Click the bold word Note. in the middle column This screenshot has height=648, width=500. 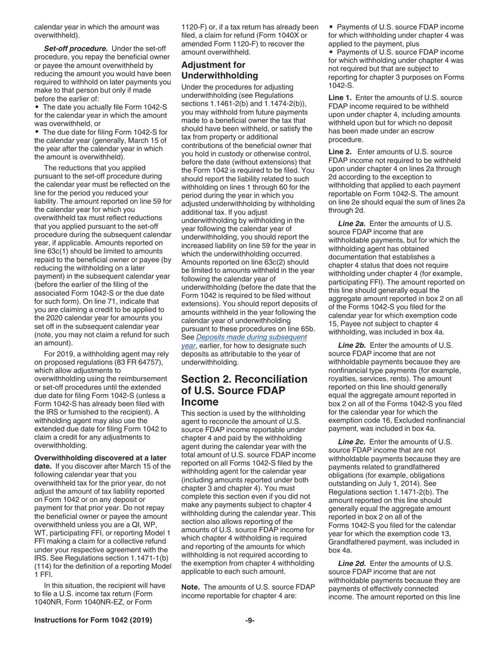tap(192, 586)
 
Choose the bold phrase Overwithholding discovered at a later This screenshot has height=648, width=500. tap(100, 457)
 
